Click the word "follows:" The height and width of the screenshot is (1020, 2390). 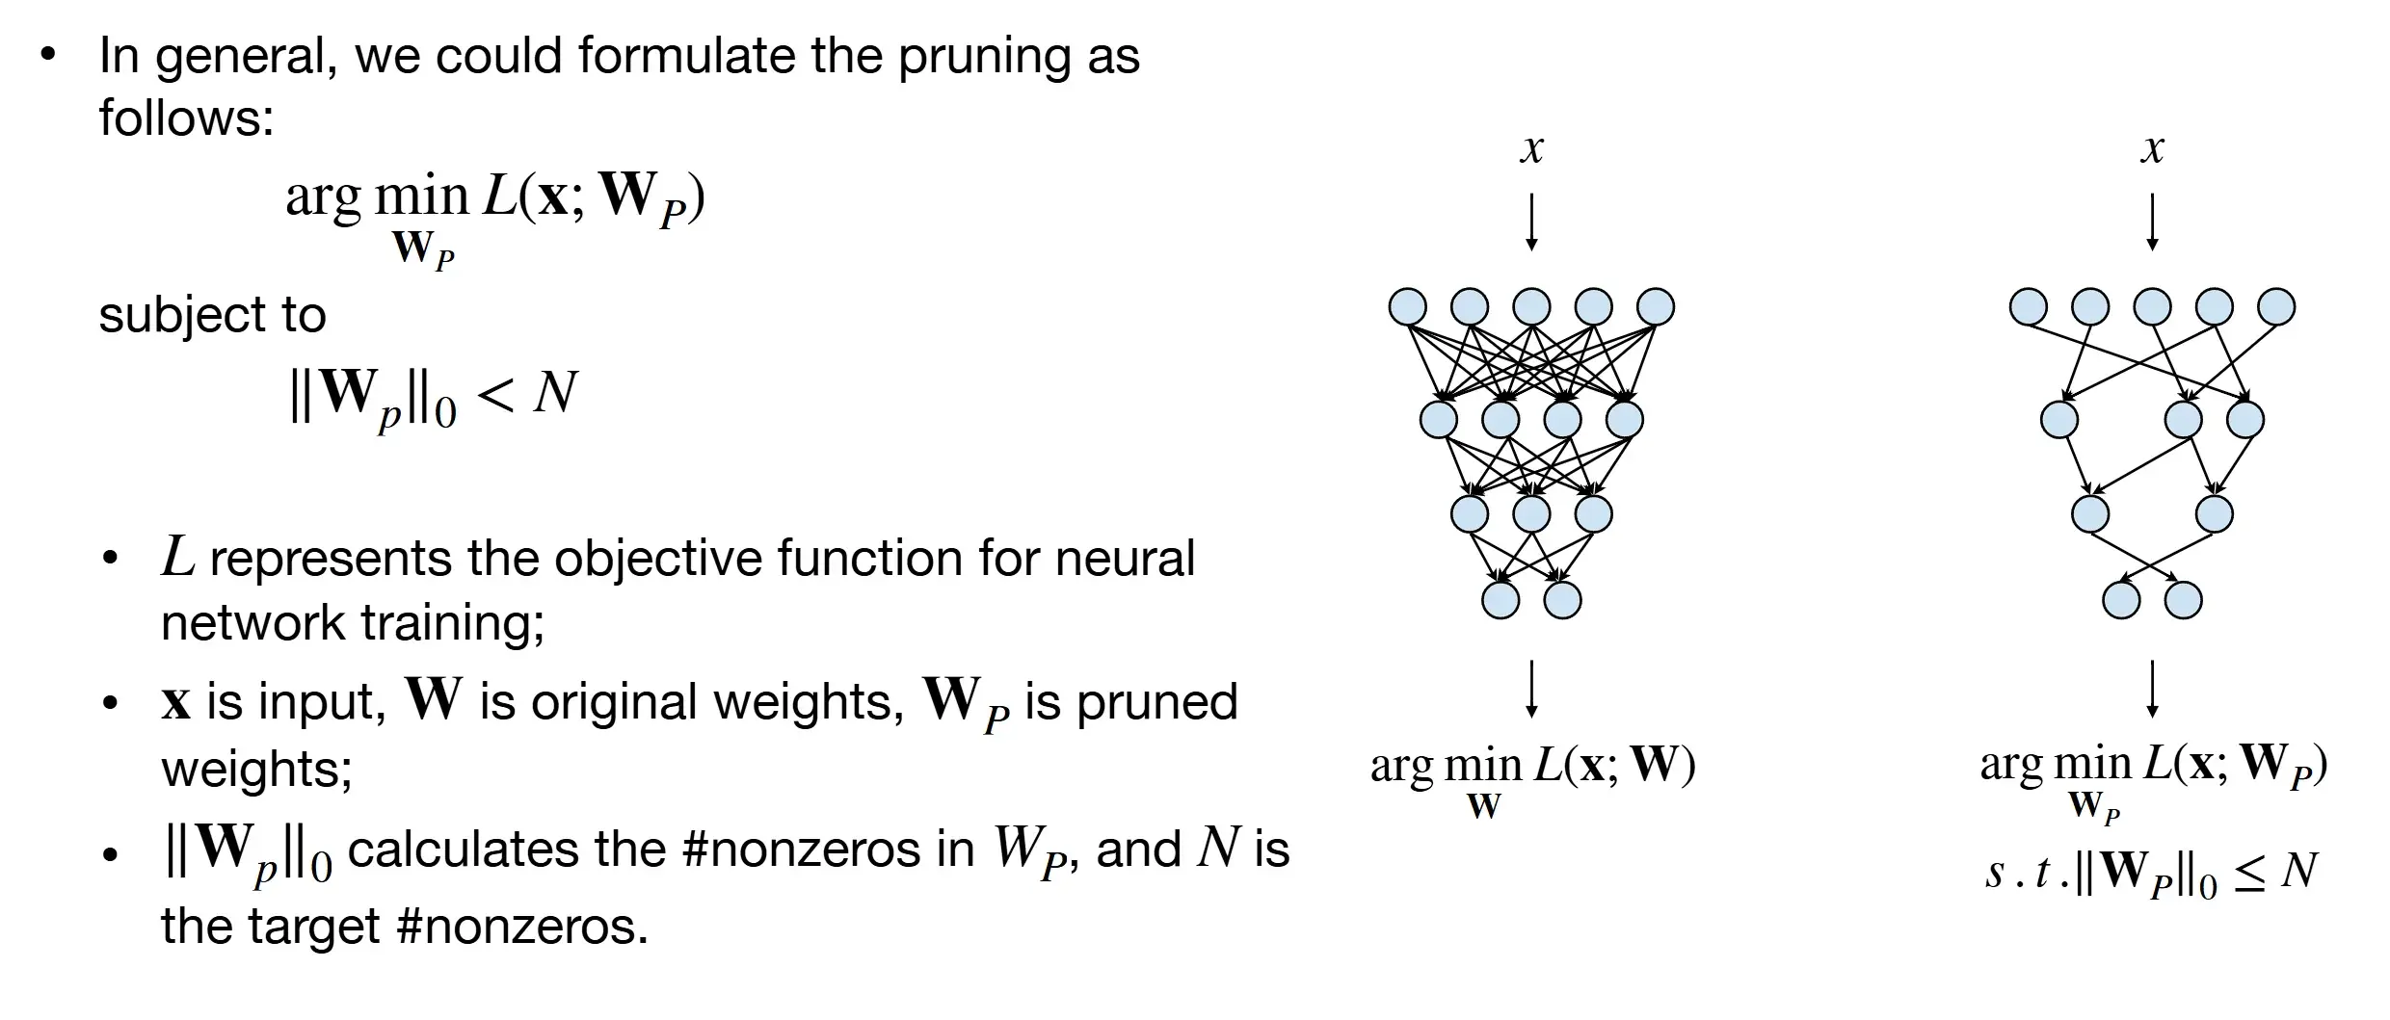187,118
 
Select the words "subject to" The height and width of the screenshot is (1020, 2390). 212,315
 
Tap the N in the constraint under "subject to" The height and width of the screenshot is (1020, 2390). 555,393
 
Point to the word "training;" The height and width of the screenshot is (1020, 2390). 452,622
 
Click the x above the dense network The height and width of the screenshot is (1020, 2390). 1531,149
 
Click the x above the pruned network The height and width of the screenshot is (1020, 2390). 2152,149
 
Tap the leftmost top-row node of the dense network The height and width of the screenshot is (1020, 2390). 1407,307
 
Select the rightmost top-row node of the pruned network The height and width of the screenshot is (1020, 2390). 2276,307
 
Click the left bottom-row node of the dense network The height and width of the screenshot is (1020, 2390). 1500,600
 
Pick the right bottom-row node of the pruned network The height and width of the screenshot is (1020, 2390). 2183,600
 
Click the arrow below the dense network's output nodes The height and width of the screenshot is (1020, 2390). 1531,689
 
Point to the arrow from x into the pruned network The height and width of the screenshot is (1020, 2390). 2152,222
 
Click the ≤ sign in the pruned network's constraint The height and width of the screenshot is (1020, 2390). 2249,873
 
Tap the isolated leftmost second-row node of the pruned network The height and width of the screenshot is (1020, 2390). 2059,420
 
